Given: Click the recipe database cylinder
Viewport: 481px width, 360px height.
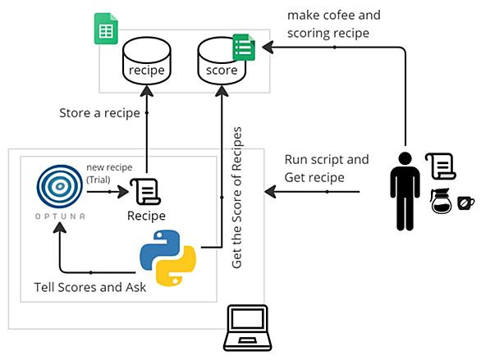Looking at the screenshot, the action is coord(147,61).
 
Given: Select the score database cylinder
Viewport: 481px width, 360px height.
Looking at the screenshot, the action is coord(222,61).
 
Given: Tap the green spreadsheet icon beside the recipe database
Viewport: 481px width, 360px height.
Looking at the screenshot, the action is coord(106,29).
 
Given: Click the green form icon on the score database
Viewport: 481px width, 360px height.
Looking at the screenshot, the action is coord(244,48).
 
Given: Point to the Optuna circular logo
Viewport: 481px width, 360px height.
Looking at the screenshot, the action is coord(60,186).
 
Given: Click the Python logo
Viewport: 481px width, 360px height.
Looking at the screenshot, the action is coord(167,258).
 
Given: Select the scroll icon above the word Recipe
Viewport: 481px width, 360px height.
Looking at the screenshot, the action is coord(145,192).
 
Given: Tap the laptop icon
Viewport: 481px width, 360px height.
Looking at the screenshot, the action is coord(248,328).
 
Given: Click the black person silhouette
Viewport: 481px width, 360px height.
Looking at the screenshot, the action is coord(405,191).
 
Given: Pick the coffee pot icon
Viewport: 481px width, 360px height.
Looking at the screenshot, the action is coord(441,201).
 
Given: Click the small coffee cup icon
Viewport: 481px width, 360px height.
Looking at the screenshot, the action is coord(465,203).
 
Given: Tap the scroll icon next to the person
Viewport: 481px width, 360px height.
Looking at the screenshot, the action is coord(441,166).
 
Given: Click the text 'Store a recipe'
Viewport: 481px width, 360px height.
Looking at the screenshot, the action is coord(99,113).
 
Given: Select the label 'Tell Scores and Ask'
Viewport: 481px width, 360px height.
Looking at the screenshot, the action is coord(90,287).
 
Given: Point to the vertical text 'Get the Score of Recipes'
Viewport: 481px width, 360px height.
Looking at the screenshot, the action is coord(236,198).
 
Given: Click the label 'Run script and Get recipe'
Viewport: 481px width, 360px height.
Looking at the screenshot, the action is coord(327,168).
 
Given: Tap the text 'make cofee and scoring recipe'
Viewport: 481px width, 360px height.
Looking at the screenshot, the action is coord(334,25).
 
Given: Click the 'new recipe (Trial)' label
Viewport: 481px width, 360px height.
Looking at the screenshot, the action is coord(109,173).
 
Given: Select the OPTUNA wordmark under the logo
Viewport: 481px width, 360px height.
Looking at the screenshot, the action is coord(60,216).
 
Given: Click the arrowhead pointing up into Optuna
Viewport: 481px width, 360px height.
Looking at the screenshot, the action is coord(60,228).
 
